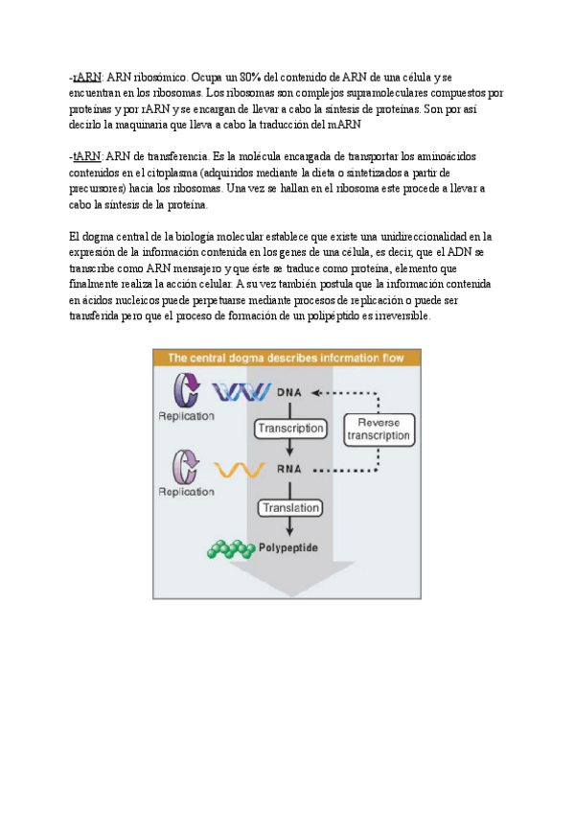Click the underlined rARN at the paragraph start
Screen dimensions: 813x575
coord(88,77)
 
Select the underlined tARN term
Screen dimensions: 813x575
coord(88,155)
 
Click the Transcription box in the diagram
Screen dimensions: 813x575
coord(290,428)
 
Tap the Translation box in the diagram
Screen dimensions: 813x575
coord(289,508)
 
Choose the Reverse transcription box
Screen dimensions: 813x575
coord(379,428)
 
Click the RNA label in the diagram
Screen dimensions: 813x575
coord(289,470)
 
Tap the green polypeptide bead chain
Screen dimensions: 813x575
coord(230,549)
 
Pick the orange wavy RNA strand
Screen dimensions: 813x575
coord(240,470)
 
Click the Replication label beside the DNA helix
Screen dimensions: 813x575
coord(187,416)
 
